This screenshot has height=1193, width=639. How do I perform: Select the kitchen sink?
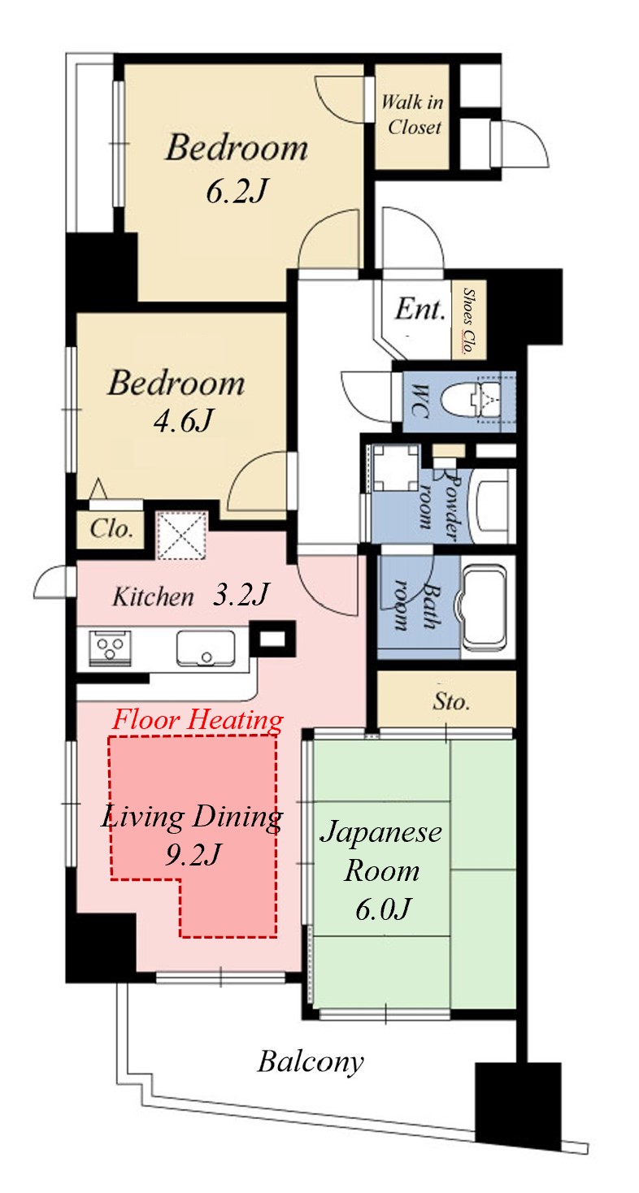point(205,647)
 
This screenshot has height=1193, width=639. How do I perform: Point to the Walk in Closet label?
point(412,114)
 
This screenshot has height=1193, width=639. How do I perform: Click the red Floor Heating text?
point(198,719)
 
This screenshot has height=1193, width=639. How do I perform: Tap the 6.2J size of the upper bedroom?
point(236,191)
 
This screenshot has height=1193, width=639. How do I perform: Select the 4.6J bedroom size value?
point(184,421)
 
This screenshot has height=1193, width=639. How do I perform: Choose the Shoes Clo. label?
point(468,321)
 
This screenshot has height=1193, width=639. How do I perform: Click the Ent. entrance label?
point(420,308)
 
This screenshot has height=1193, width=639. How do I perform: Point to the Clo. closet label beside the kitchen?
point(111,528)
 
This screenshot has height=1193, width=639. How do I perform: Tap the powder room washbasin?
point(490,505)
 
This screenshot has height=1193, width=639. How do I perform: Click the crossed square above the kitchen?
point(182,535)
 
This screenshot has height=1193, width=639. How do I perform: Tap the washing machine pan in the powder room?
point(395,467)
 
